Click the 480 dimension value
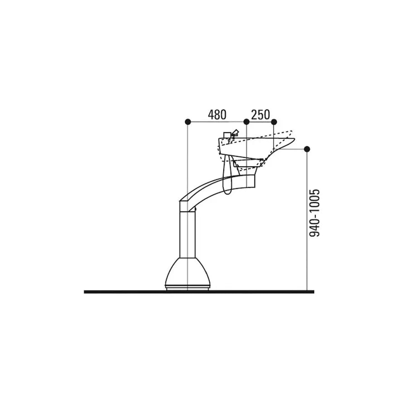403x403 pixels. pos(217,115)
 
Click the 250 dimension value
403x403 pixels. pos(260,115)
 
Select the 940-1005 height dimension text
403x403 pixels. pos(314,213)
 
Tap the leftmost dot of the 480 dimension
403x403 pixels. pos(188,121)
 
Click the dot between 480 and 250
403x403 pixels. pos(246,121)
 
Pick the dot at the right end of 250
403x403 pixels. pos(273,121)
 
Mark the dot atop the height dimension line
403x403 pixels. pos(307,149)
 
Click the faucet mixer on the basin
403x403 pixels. pos(230,135)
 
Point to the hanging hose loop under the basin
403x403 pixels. pos(228,175)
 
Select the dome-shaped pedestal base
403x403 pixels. pos(187,272)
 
